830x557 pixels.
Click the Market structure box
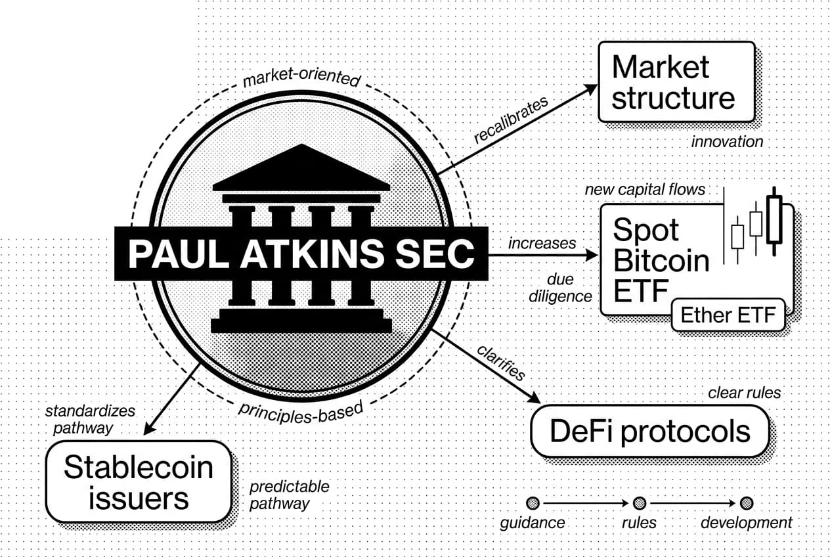(675, 82)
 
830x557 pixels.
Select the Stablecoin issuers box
(139, 481)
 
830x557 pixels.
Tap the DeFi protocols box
(649, 432)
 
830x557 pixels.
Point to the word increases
(542, 243)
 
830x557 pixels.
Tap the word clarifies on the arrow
(502, 362)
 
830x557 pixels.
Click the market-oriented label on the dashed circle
(301, 79)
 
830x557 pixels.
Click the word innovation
(727, 142)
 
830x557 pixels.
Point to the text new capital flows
(645, 190)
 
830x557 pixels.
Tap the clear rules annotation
(745, 393)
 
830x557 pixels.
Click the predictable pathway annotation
(289, 495)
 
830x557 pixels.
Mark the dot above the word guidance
(533, 503)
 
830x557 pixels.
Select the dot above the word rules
(639, 503)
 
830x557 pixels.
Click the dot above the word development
(746, 503)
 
